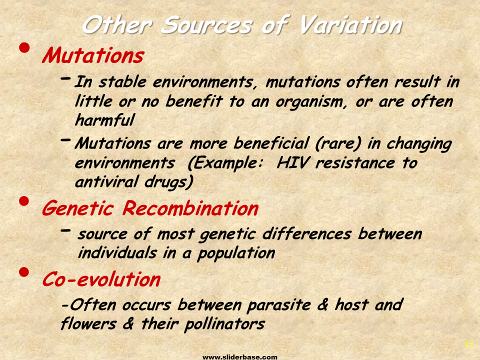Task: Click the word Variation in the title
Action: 350,24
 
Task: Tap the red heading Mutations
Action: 93,55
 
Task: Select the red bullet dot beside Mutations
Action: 24,48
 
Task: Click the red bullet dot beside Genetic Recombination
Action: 24,201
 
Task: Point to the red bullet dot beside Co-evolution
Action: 24,272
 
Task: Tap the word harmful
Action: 104,119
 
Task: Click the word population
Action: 236,253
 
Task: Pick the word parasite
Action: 278,305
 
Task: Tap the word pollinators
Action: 224,324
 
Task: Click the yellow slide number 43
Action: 468,344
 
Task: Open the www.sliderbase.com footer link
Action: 239,357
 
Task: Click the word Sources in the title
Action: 207,24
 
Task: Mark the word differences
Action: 306,234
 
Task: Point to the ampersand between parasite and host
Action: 322,305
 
